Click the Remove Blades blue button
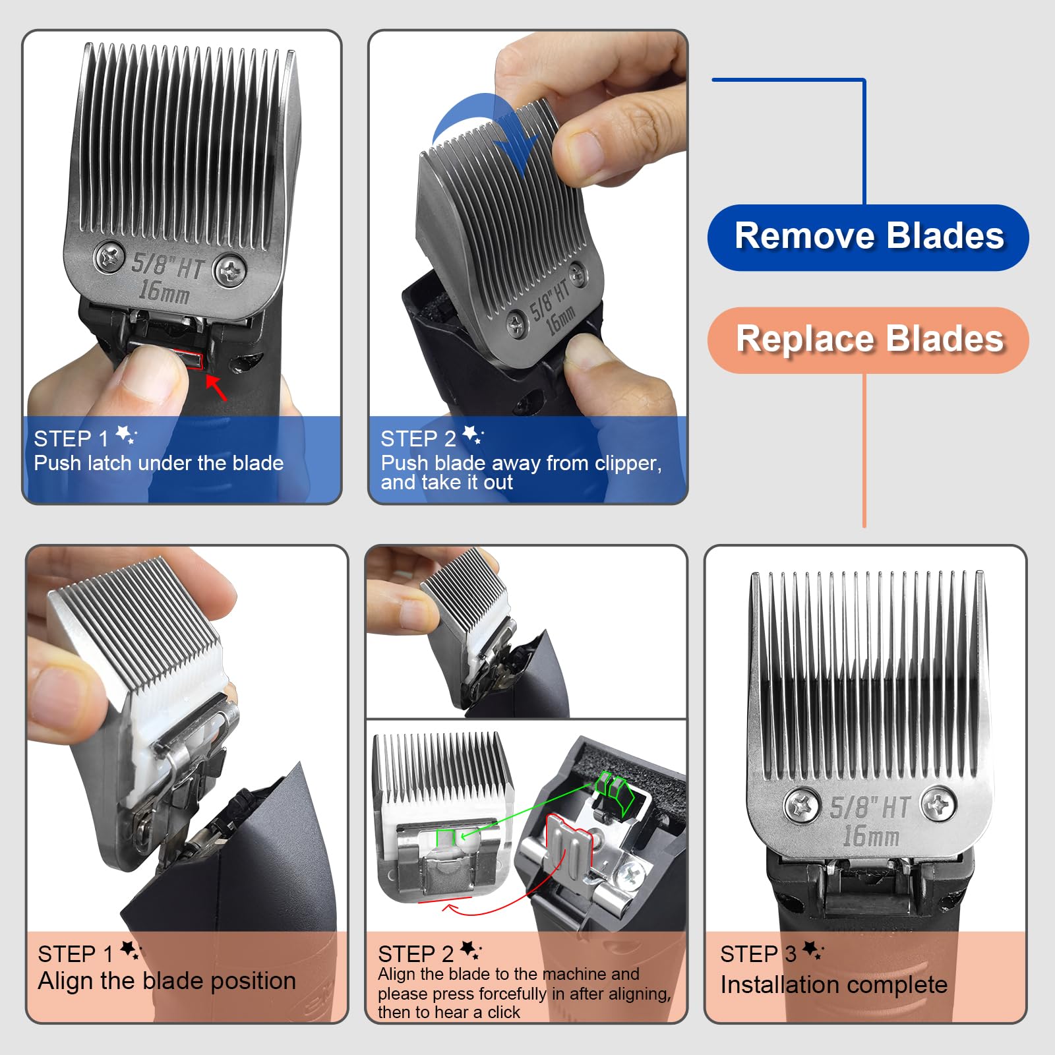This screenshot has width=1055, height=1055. (868, 237)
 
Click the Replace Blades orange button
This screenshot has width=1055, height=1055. (868, 340)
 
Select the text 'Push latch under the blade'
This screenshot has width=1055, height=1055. (158, 463)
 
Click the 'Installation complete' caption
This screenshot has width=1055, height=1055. (833, 984)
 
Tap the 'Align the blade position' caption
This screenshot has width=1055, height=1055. (166, 980)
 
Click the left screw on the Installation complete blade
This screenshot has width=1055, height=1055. (802, 806)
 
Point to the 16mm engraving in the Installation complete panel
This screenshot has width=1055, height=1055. (870, 836)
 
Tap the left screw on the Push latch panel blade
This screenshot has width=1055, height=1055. (109, 257)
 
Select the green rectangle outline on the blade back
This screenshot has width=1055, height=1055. (446, 837)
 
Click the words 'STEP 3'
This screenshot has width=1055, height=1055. (758, 953)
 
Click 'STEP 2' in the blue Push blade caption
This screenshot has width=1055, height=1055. (418, 438)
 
